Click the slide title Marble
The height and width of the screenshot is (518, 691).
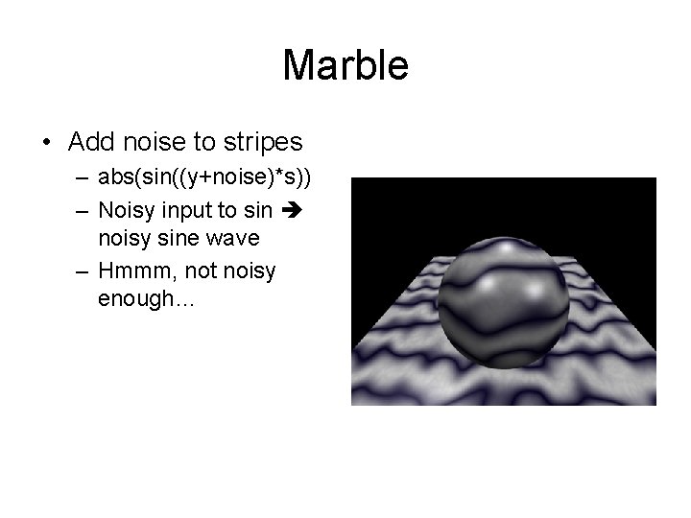[345, 65]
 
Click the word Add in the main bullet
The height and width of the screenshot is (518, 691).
[91, 143]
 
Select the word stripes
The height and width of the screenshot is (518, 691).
[261, 143]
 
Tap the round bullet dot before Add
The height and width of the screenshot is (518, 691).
[46, 144]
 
